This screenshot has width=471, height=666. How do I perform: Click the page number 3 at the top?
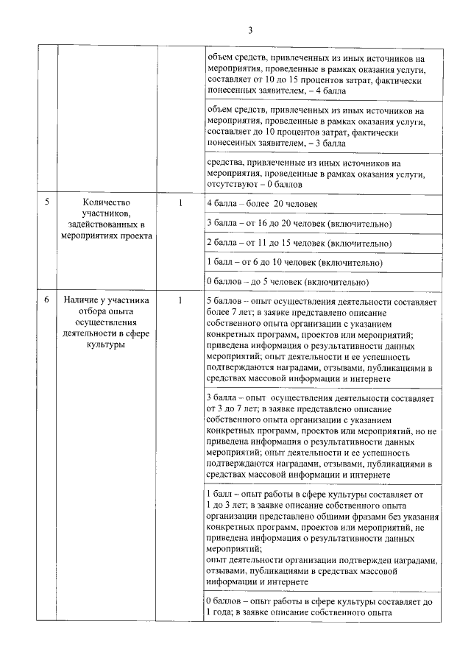[250, 30]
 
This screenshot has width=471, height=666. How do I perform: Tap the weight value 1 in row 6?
[180, 300]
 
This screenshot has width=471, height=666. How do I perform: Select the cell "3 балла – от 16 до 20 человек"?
[299, 223]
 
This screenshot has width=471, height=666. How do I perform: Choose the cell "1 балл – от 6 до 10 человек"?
[295, 262]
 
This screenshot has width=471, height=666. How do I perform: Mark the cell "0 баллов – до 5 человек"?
[288, 282]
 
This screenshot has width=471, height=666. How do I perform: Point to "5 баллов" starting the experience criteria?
[225, 302]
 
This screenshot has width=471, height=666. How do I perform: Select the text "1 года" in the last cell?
[219, 612]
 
